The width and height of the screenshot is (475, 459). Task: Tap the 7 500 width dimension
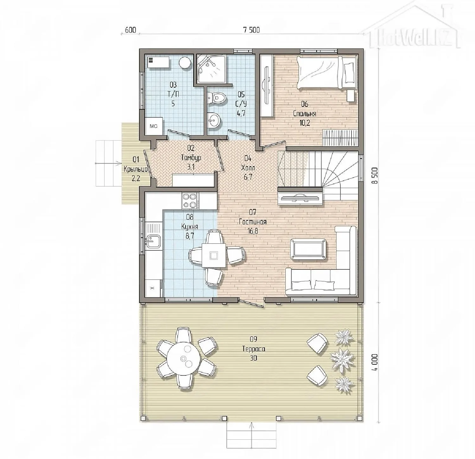251,30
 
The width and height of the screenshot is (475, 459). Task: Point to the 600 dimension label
130,30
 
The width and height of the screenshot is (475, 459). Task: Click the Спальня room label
305,114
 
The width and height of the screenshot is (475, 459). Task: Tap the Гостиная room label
253,222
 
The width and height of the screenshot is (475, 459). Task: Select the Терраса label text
253,349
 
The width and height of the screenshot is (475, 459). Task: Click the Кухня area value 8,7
190,236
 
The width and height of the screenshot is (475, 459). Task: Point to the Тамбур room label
191,157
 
